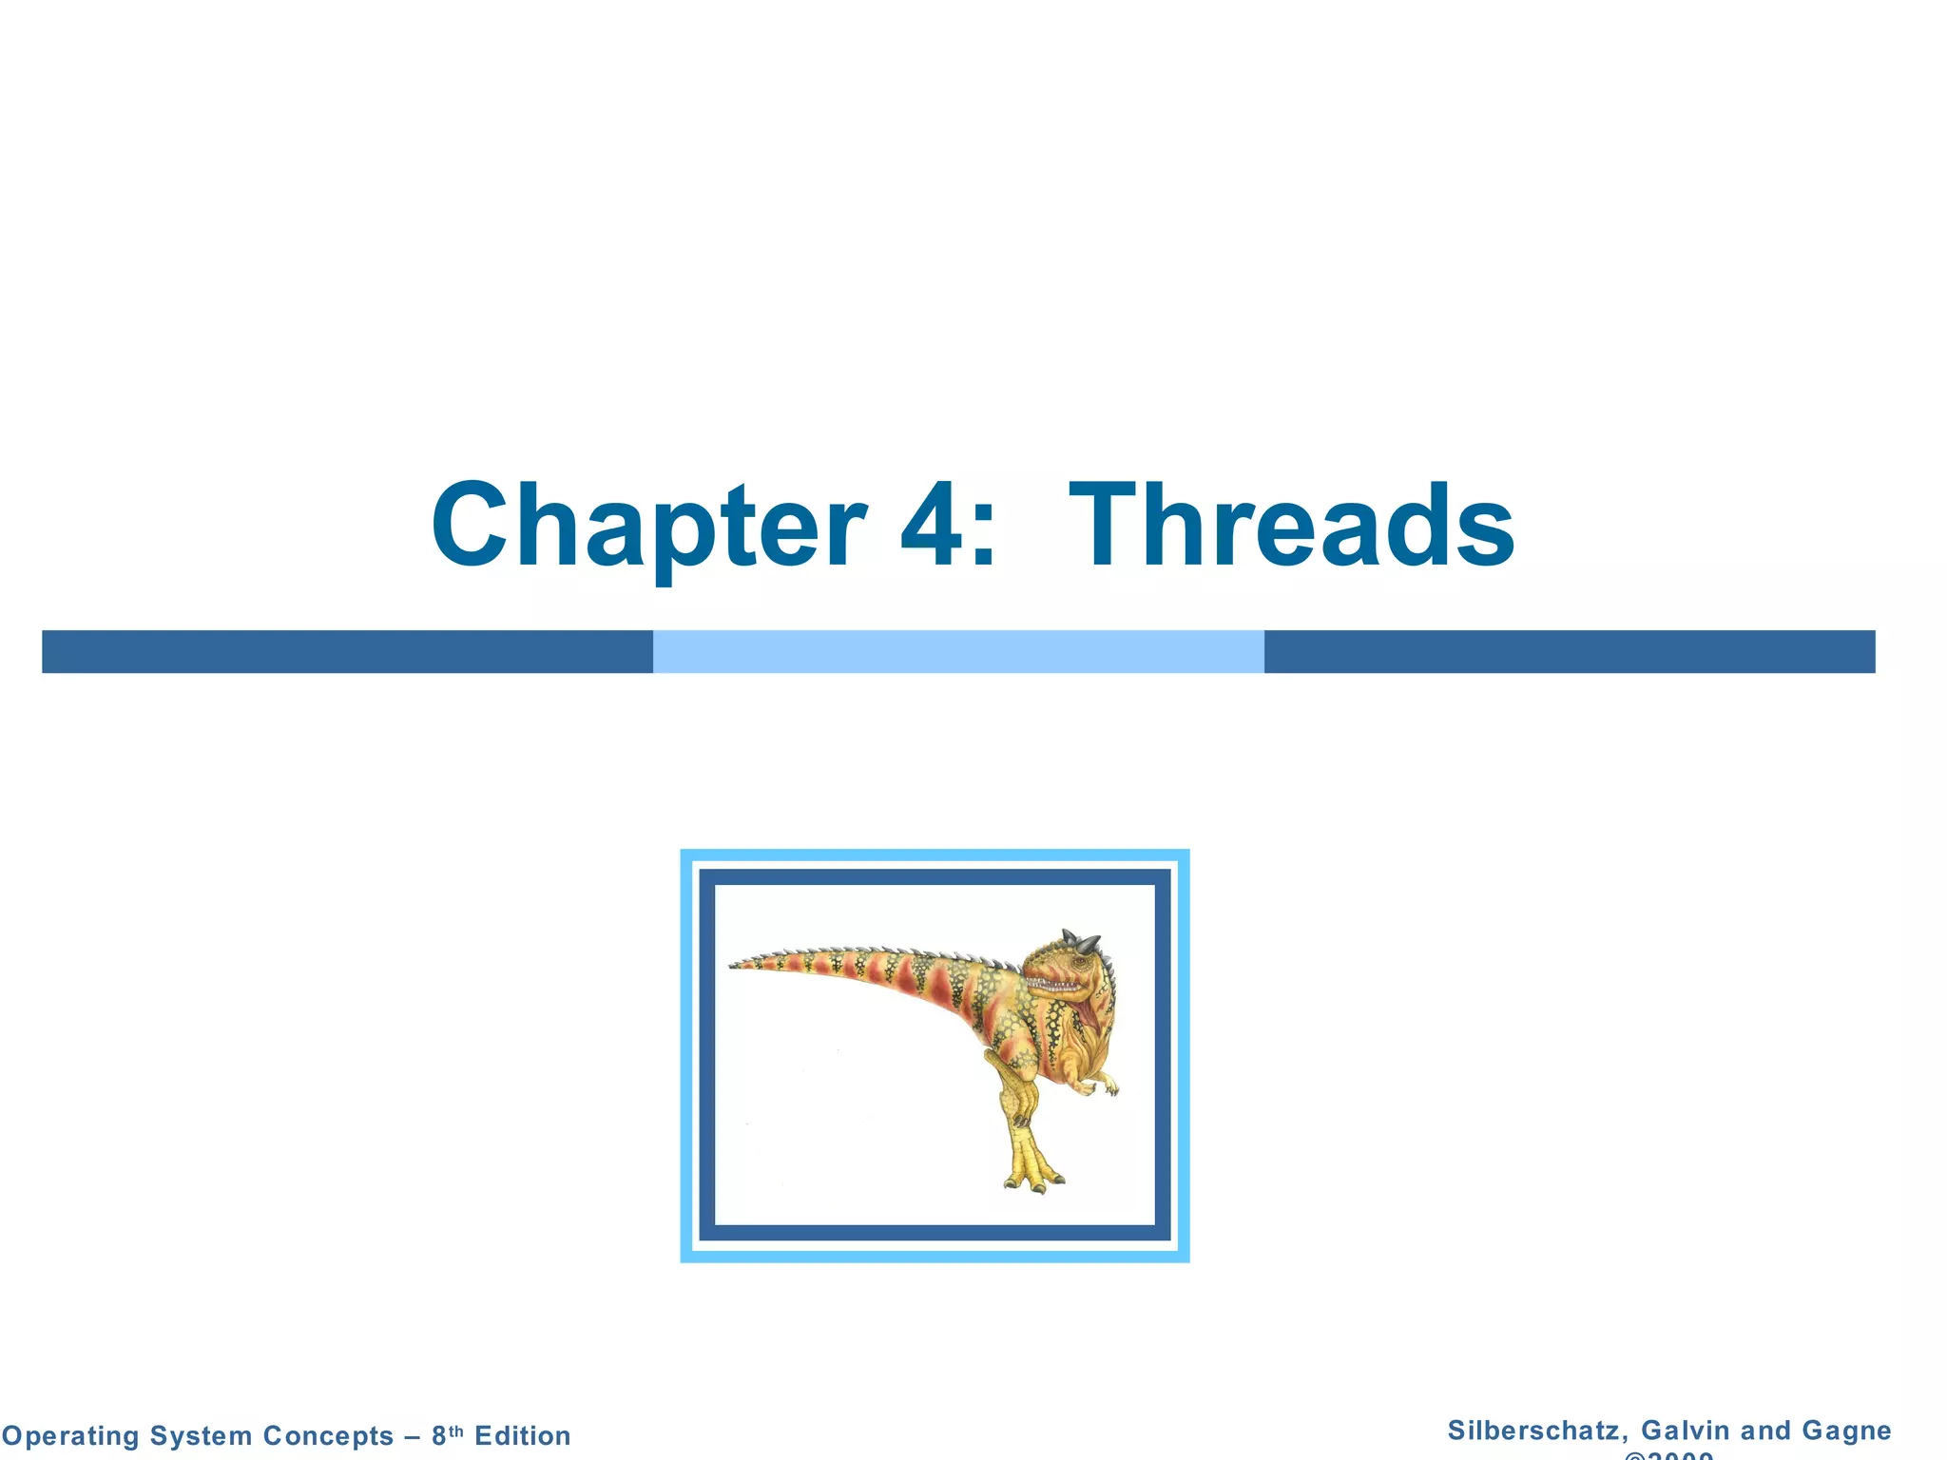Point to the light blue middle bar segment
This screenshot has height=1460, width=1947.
pos(958,652)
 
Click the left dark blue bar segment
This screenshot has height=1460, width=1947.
pos(347,652)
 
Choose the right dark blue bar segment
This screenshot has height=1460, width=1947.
pos(1570,652)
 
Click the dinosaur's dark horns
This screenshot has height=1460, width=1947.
pos(1081,942)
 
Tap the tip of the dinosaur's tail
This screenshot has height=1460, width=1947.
pos(735,966)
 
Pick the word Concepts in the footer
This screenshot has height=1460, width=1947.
pos(328,1435)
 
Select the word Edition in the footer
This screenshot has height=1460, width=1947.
pos(523,1435)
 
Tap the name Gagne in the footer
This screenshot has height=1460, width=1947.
pos(1846,1431)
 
